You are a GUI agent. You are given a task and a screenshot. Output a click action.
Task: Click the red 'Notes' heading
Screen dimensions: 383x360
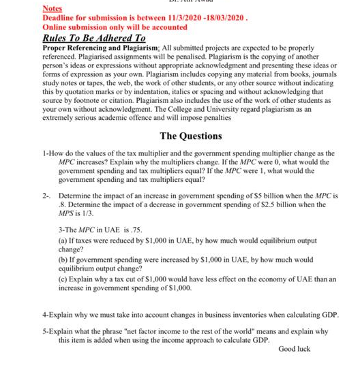[52, 8]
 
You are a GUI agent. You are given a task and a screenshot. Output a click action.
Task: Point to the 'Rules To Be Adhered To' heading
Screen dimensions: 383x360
[94, 39]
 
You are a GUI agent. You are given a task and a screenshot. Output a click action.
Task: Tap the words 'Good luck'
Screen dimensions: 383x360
[294, 348]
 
